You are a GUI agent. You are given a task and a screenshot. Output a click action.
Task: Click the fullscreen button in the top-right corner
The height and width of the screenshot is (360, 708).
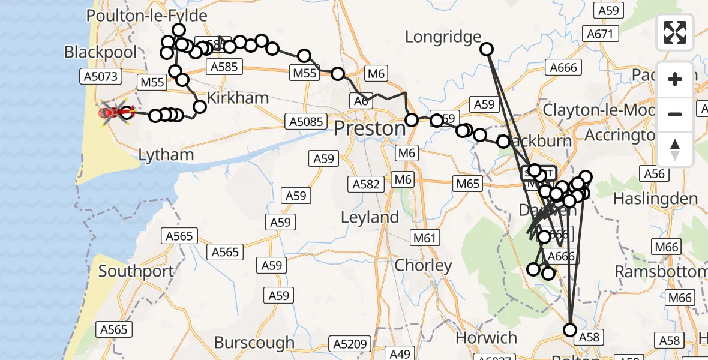[675, 32]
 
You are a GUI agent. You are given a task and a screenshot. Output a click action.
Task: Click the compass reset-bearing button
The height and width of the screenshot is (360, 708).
[675, 149]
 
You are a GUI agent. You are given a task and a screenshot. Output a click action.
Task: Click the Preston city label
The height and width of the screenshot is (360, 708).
[370, 128]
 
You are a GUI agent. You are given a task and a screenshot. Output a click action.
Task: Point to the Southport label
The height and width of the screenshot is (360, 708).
[136, 271]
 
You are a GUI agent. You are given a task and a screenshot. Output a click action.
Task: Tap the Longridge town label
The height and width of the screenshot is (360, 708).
[443, 37]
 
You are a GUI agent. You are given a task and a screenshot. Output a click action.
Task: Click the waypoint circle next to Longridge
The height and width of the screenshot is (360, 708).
[487, 49]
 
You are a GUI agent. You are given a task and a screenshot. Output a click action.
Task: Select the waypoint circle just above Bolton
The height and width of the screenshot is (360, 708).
[569, 329]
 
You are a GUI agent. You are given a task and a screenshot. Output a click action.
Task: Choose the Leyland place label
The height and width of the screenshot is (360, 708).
[370, 217]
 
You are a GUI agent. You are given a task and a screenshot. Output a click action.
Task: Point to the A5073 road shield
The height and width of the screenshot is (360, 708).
[101, 76]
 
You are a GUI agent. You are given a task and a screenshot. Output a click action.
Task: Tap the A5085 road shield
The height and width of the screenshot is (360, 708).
[305, 121]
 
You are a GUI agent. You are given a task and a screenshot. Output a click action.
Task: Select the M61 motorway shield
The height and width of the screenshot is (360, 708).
[424, 238]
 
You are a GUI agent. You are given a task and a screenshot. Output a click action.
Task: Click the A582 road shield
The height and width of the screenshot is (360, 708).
[366, 184]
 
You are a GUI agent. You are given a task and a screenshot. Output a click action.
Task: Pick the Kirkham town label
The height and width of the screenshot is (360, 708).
[238, 98]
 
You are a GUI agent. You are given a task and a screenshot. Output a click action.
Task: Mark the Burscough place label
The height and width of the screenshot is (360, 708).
[254, 343]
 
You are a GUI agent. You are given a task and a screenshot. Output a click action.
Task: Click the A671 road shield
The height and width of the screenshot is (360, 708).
[600, 34]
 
